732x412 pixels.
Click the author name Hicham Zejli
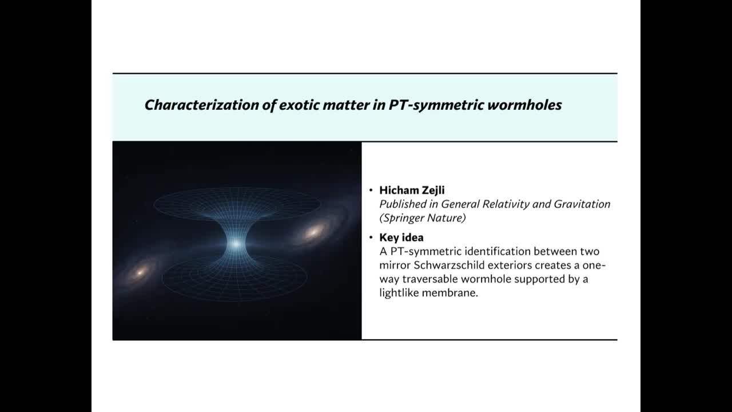pyautogui.click(x=412, y=191)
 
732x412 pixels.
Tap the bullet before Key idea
pyautogui.click(x=371, y=237)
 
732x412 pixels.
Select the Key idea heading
pyautogui.click(x=401, y=237)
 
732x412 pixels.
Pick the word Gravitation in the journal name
pyautogui.click(x=583, y=204)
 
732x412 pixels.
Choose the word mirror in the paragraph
pyautogui.click(x=394, y=265)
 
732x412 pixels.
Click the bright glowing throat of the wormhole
pyautogui.click(x=236, y=244)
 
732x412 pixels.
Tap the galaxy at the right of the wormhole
pyautogui.click(x=314, y=232)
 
